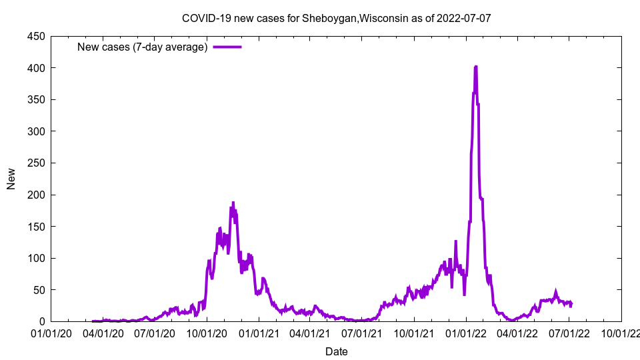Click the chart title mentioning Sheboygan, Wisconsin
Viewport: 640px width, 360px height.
(x=336, y=18)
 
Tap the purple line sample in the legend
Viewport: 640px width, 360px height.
(x=227, y=47)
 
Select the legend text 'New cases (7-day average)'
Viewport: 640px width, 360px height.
(x=142, y=47)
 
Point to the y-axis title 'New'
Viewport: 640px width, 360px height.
(x=11, y=179)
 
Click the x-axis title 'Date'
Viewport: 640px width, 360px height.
(x=336, y=351)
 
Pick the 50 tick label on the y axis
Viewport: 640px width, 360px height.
(x=38, y=290)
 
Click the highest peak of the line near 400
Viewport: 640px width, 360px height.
(x=475, y=67)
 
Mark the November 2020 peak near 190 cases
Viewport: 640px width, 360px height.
(x=233, y=203)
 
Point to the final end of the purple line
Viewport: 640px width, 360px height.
(x=571, y=304)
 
